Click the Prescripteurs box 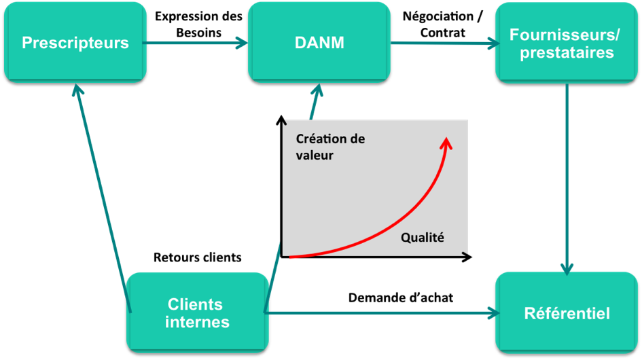pyautogui.click(x=75, y=43)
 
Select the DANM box pyautogui.click(x=319, y=42)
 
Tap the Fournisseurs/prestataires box pyautogui.click(x=567, y=43)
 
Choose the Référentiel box pyautogui.click(x=567, y=313)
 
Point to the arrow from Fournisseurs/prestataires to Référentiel pyautogui.click(x=567, y=177)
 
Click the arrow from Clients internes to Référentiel pyautogui.click(x=380, y=313)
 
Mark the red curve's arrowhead pyautogui.click(x=446, y=142)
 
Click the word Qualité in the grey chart pyautogui.click(x=422, y=238)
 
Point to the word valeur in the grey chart pyautogui.click(x=315, y=155)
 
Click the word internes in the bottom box pyautogui.click(x=197, y=322)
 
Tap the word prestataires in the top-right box pyautogui.click(x=567, y=53)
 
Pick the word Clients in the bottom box pyautogui.click(x=195, y=304)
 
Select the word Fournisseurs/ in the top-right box pyautogui.click(x=567, y=34)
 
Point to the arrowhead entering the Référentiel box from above pyautogui.click(x=567, y=268)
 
